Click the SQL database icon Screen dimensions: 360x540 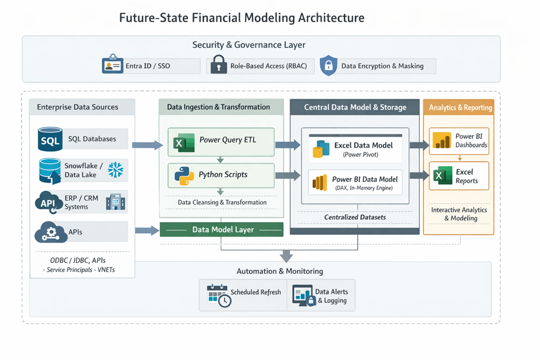tap(50, 139)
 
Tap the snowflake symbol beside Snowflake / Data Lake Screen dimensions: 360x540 tap(116, 170)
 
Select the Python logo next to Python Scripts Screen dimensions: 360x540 tap(184, 175)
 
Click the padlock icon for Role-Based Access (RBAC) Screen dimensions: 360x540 tap(218, 66)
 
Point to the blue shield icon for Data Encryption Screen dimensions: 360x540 tap(328, 65)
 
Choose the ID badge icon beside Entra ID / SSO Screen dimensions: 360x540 tap(112, 66)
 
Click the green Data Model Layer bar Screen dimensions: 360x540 tap(222, 229)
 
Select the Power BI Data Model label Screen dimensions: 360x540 tap(365, 179)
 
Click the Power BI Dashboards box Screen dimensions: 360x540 tap(459, 141)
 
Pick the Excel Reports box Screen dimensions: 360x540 tap(459, 176)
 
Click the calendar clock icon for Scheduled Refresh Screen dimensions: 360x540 tap(218, 295)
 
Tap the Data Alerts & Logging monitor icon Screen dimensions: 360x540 tap(303, 295)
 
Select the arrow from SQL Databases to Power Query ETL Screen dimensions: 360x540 tap(147, 145)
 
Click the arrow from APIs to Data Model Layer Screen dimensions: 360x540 tap(147, 230)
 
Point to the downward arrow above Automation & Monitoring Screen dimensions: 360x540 tap(286, 255)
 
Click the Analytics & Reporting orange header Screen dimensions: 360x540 tap(459, 107)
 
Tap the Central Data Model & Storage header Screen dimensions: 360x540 tap(355, 107)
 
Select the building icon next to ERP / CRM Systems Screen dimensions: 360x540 tap(116, 202)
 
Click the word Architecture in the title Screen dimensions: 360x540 tap(331, 18)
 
